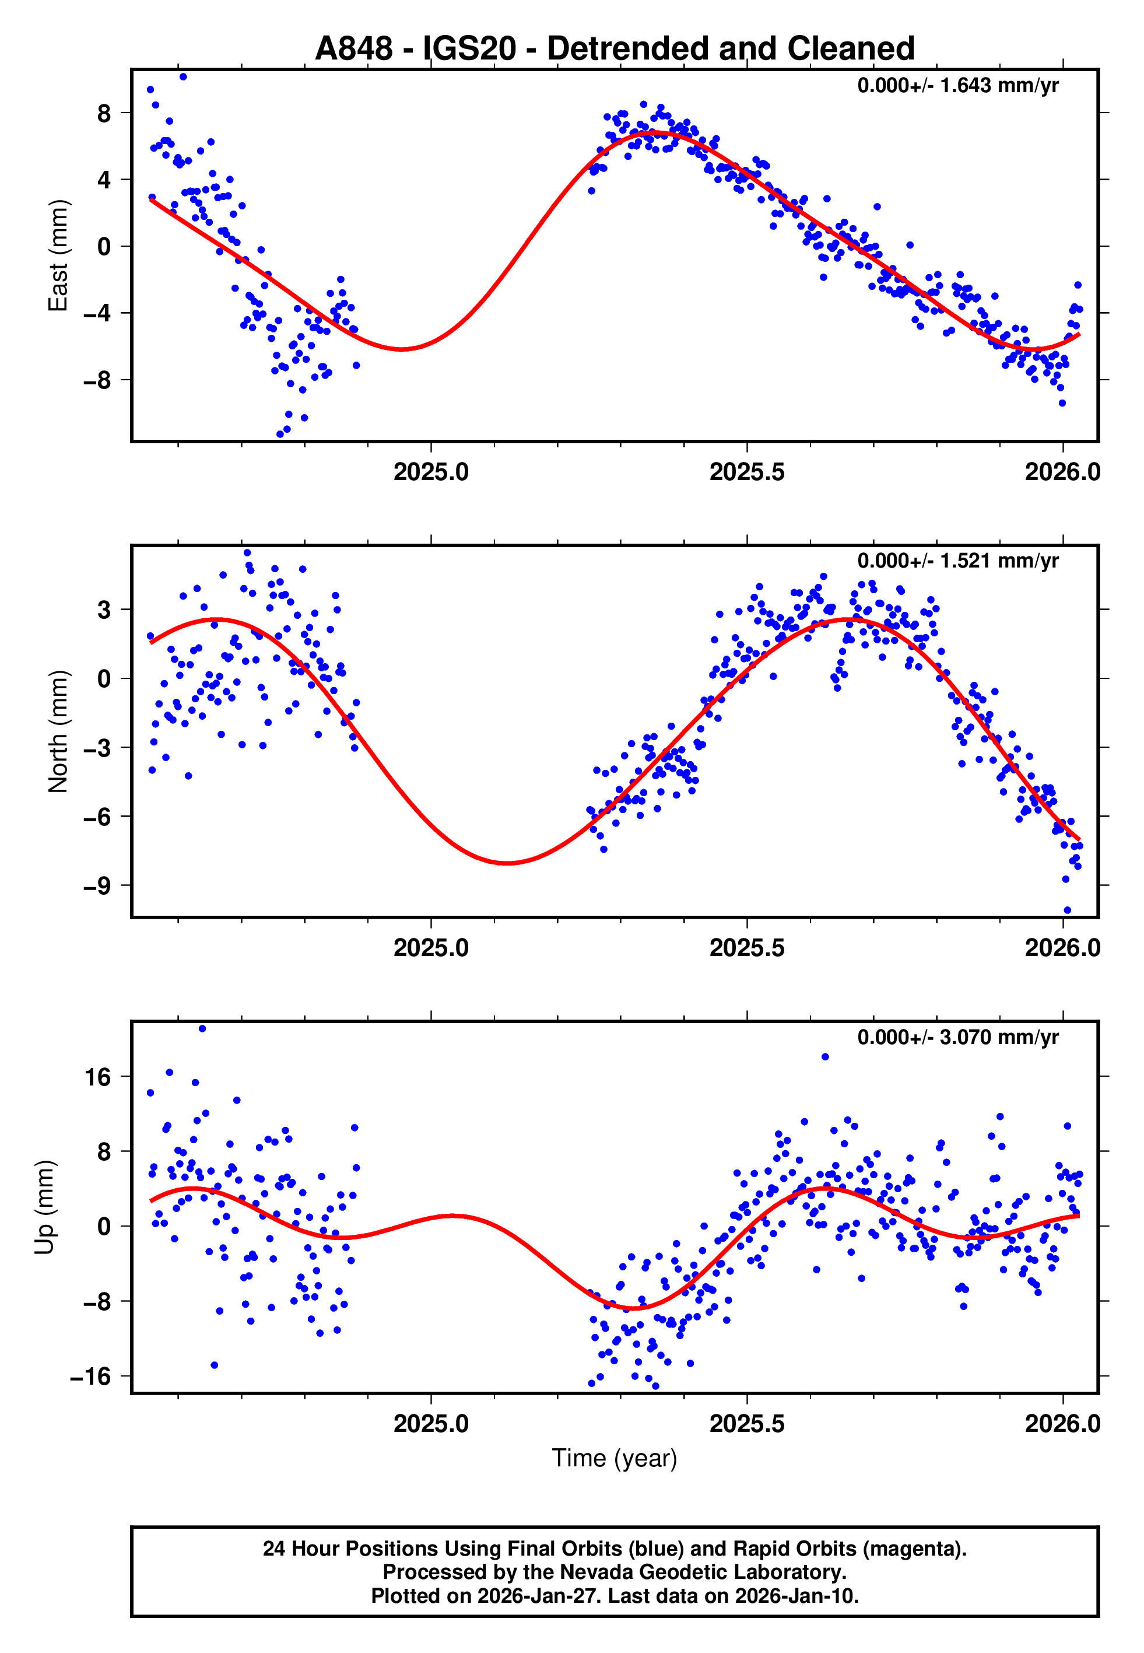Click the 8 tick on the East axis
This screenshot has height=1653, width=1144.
pos(104,113)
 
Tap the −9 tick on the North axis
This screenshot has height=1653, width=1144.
pos(97,886)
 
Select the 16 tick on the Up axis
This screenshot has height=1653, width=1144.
pos(98,1077)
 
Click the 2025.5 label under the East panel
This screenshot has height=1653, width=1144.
pos(746,472)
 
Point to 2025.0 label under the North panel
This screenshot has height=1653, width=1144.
pos(431,948)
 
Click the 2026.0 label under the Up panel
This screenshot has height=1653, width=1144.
pos(1062,1424)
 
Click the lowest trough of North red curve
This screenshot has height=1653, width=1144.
pos(507,862)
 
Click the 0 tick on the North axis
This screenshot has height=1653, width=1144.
pos(104,678)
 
